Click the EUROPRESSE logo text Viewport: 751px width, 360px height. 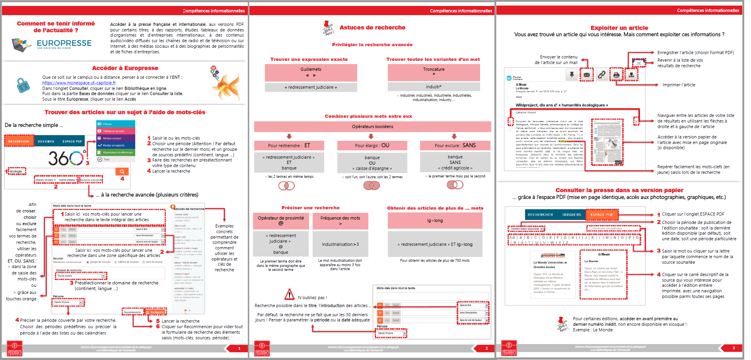click(64, 43)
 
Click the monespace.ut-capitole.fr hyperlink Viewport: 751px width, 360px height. click(79, 83)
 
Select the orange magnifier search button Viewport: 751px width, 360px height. click(122, 171)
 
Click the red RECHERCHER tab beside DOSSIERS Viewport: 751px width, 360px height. click(19, 141)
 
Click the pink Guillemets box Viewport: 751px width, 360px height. click(311, 72)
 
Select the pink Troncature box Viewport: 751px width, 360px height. click(434, 72)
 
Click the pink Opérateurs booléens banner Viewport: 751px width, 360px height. click(372, 126)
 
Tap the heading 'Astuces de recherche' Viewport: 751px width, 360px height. click(372, 27)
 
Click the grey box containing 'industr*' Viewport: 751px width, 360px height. click(434, 87)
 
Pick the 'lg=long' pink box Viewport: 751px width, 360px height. click(435, 220)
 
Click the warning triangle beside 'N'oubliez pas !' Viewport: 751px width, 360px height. click(290, 295)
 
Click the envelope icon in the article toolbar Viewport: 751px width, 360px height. click(587, 75)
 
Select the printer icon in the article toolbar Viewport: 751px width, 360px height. click(616, 75)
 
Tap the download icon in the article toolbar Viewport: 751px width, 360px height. click(631, 74)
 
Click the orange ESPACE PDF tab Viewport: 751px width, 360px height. click(601, 214)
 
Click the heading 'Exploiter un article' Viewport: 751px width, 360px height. click(619, 28)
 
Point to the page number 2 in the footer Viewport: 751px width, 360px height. click(486, 348)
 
